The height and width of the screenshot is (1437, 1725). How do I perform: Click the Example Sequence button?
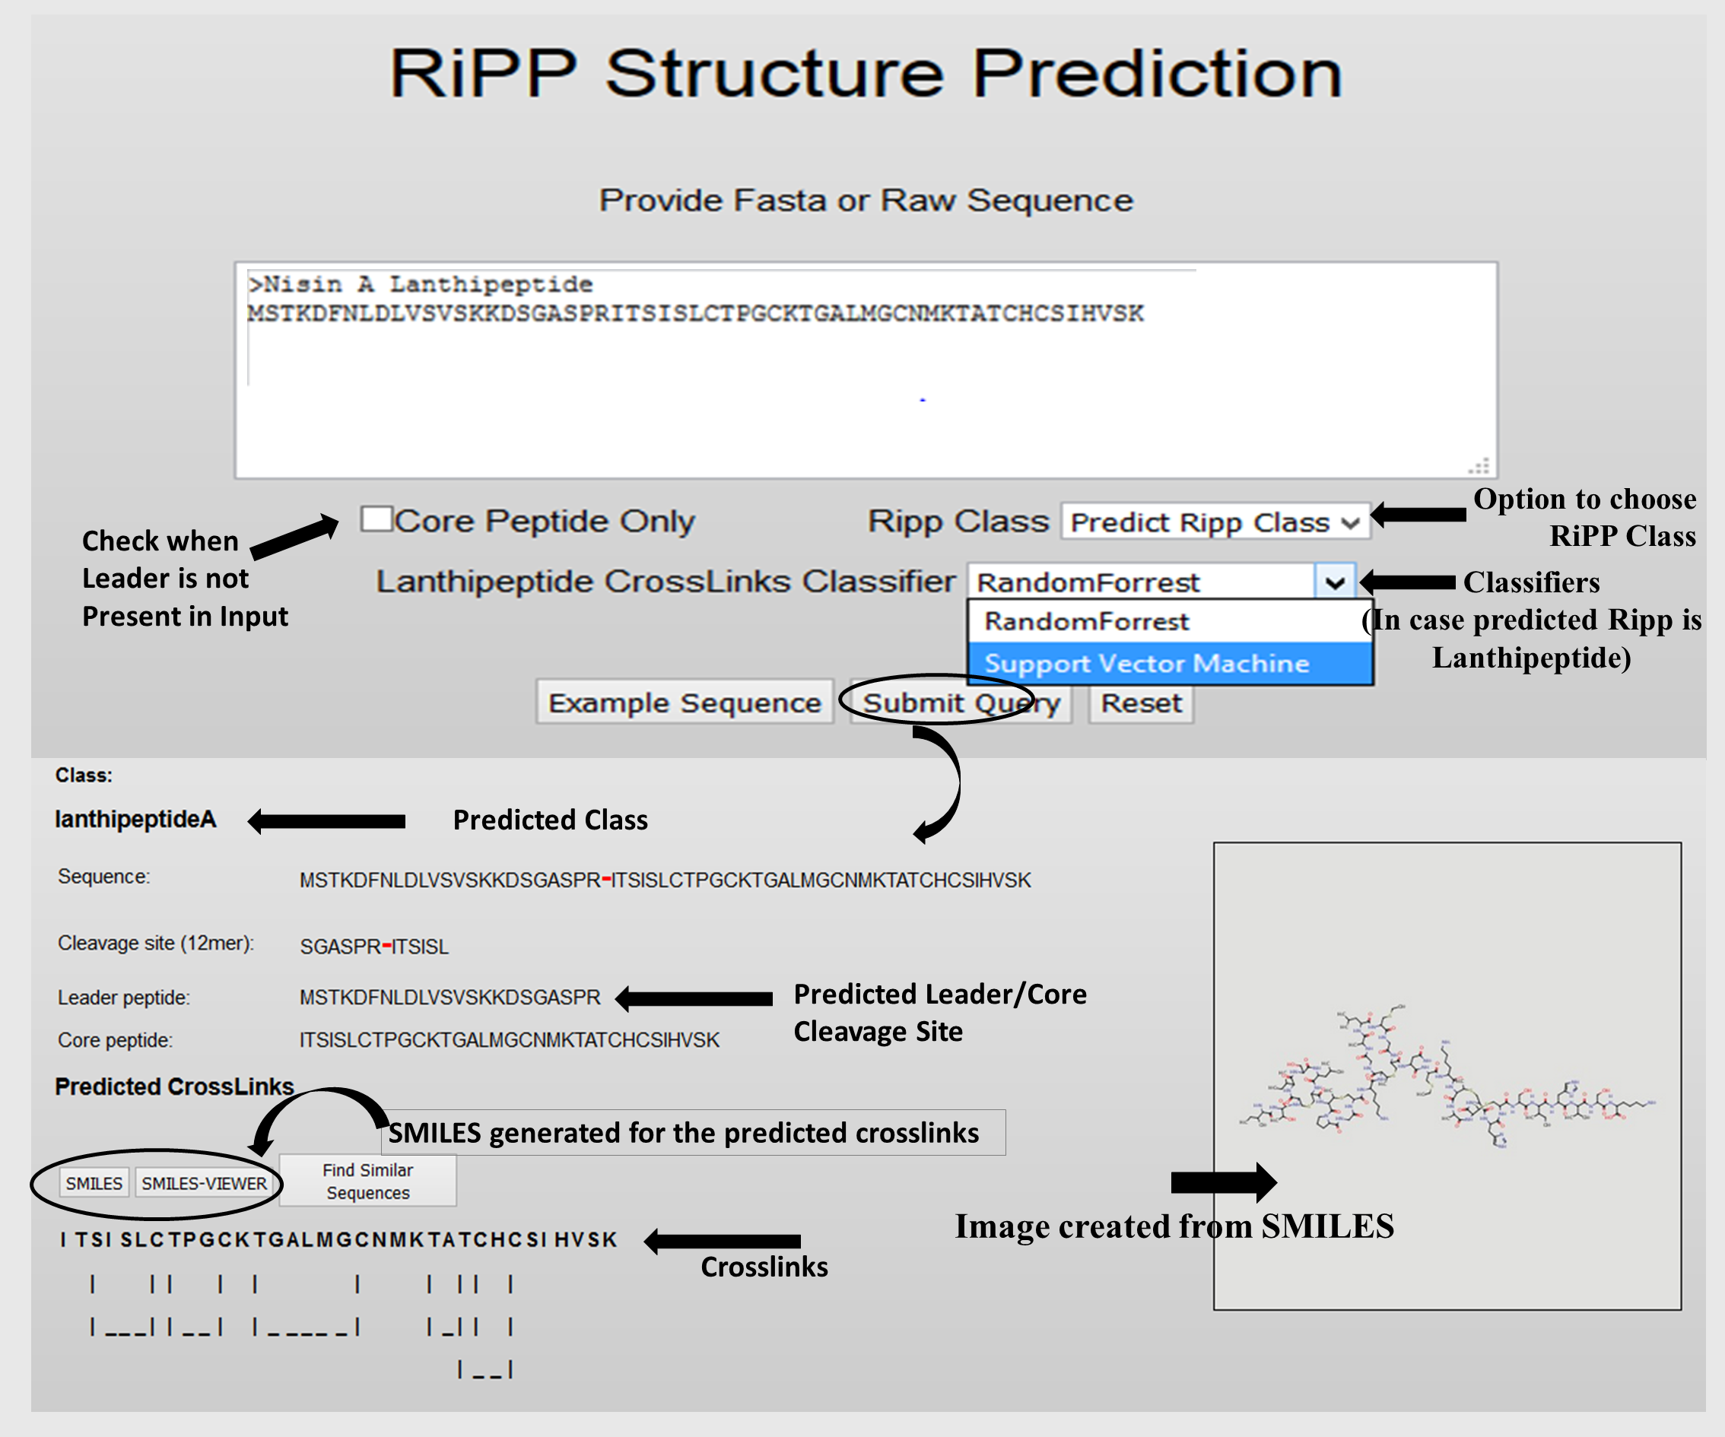(x=685, y=702)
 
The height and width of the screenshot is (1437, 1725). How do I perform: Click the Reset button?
(x=1141, y=703)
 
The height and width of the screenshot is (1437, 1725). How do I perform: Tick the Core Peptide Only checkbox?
(x=377, y=519)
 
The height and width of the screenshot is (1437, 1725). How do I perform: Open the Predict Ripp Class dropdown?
(x=1215, y=522)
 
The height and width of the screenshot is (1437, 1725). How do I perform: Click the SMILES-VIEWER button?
(x=205, y=1183)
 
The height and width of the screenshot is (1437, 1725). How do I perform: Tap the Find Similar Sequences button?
(x=368, y=1181)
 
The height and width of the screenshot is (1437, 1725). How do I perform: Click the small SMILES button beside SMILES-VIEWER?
(x=94, y=1183)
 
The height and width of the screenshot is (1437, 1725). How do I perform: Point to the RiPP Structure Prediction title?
(x=866, y=74)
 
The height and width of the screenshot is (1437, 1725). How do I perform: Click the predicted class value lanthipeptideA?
(x=135, y=820)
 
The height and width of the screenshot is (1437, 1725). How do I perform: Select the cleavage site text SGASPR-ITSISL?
(x=374, y=947)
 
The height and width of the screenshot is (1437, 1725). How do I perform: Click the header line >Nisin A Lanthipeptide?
(x=420, y=284)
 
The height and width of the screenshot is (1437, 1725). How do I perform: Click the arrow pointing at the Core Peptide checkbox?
(x=294, y=537)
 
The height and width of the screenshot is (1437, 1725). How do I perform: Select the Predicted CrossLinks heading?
(x=174, y=1086)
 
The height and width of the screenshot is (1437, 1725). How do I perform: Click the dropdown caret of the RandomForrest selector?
(x=1335, y=582)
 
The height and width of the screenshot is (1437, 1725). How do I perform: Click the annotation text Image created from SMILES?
(x=1174, y=1226)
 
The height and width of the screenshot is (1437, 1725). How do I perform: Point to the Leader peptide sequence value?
(x=450, y=998)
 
